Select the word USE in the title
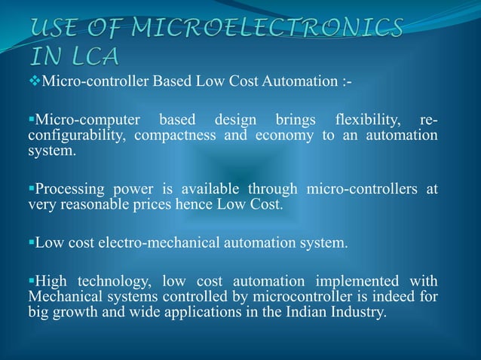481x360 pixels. (60, 29)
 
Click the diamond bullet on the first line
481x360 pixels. (35, 81)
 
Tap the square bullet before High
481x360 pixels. (31, 283)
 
